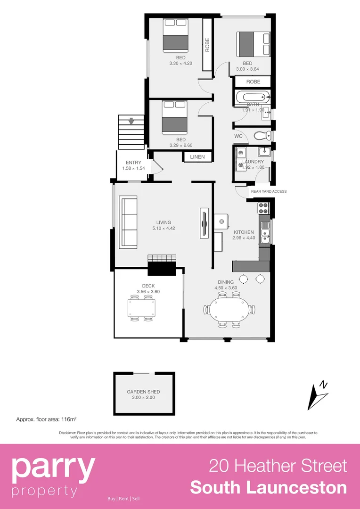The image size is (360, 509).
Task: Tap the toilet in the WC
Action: (260, 136)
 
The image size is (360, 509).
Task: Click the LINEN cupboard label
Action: (197, 157)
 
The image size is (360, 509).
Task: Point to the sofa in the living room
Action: (129, 222)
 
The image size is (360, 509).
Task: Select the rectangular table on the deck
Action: (142, 308)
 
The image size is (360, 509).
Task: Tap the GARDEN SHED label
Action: (143, 392)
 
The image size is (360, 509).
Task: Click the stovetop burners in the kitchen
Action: (263, 208)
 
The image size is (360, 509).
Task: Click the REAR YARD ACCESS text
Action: (269, 191)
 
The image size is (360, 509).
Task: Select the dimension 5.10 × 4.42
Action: (164, 229)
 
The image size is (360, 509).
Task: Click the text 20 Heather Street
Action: (278, 466)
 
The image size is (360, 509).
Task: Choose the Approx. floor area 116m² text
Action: (46, 419)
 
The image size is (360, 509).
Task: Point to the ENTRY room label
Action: (134, 163)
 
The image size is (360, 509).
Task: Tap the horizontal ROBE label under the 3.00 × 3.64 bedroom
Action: (253, 82)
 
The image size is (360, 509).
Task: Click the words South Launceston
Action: (269, 488)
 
